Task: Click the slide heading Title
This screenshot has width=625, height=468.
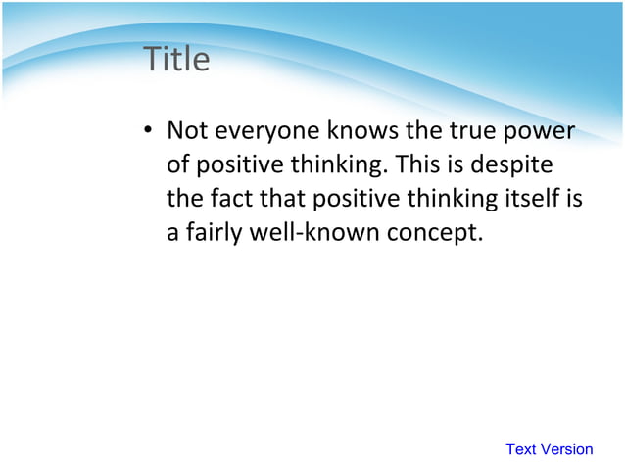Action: tap(176, 60)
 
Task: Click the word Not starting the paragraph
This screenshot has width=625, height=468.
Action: tap(187, 130)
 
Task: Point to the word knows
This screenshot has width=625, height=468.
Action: tap(364, 130)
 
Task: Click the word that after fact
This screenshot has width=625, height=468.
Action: tap(282, 199)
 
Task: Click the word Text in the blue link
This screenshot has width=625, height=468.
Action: tap(521, 449)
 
